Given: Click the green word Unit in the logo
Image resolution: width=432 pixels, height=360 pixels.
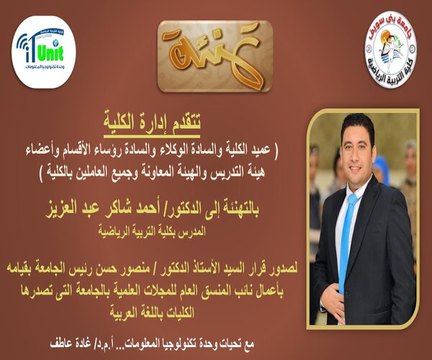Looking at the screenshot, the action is [50, 53].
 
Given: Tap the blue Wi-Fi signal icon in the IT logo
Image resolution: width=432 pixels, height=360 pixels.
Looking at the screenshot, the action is [22, 41].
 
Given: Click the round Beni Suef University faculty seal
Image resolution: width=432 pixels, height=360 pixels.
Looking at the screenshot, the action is [390, 49].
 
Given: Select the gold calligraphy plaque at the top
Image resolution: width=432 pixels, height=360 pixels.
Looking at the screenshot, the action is [215, 56].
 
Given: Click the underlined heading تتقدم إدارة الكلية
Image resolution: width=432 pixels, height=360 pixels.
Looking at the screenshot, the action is [152, 122].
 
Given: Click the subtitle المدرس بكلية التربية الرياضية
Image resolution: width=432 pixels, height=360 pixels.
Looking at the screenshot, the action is [152, 231].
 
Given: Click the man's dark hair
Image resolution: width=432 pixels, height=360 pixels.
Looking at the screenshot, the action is [358, 126].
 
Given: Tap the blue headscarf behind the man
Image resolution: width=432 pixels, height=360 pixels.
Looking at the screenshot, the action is [381, 168].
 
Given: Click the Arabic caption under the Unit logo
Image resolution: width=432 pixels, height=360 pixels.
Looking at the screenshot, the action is [45, 66].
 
